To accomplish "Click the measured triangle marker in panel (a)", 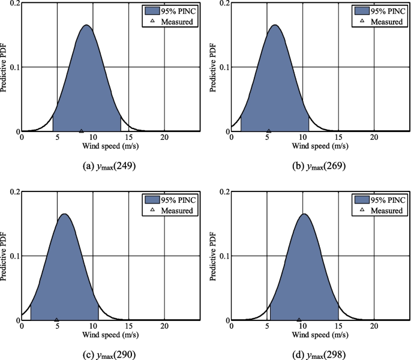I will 82,130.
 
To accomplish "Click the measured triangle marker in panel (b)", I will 269,130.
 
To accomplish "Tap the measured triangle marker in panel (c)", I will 56,320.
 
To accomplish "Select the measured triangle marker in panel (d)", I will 299,320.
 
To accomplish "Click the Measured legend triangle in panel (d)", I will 361,211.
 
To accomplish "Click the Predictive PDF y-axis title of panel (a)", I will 5,66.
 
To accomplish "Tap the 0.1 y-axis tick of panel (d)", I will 223,256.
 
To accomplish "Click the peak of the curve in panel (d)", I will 304,214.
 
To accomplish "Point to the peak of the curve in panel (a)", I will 86,25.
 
